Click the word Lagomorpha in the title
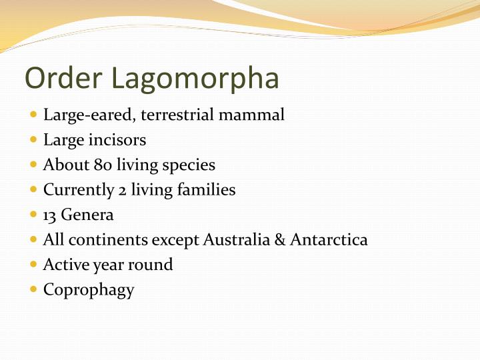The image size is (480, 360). (x=195, y=79)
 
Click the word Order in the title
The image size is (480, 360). (x=64, y=77)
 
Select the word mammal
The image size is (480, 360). (x=257, y=115)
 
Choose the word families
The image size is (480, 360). (x=206, y=189)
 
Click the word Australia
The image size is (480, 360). (x=238, y=239)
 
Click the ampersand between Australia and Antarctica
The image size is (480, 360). (x=280, y=239)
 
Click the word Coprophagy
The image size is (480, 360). (x=89, y=290)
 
